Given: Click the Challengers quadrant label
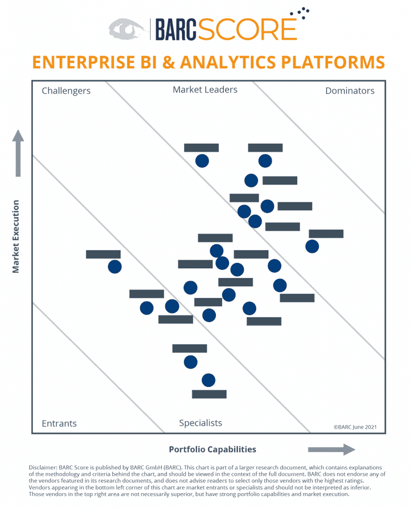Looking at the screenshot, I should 66,90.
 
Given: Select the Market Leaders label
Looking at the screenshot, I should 205,90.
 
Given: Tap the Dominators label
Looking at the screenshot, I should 349,90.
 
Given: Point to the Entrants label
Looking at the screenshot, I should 59,424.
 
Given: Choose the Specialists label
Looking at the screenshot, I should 201,423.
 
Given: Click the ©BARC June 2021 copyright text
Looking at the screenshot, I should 355,426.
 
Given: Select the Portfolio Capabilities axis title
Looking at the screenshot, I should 213,449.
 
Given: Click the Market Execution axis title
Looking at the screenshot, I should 16,236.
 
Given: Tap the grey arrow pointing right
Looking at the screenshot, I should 331,450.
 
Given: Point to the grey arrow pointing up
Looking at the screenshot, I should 18,153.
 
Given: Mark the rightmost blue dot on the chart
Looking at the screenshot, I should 312,246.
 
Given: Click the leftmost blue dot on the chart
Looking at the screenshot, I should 115,266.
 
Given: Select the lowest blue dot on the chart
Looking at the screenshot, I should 209,380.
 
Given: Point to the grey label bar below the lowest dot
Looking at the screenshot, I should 209,394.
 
